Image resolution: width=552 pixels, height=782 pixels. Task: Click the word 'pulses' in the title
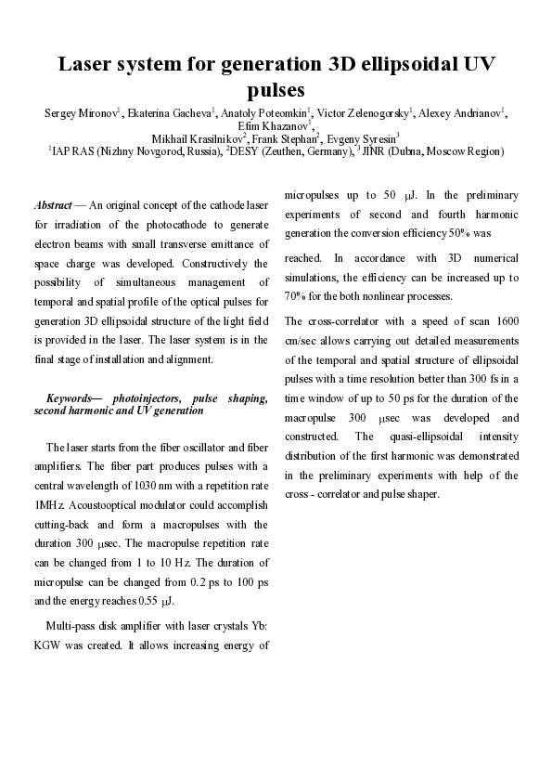pos(276,90)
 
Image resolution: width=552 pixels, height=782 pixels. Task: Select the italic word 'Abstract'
pos(54,204)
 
